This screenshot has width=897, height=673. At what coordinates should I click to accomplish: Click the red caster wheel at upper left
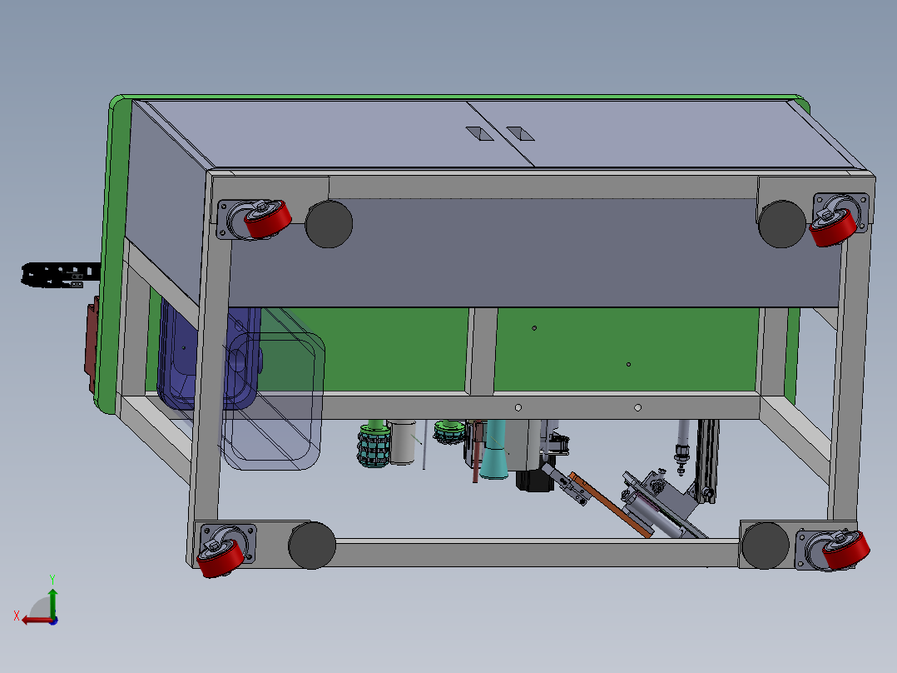268,219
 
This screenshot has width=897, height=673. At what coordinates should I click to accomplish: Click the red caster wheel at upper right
834,227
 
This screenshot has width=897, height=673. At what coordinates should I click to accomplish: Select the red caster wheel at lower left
221,558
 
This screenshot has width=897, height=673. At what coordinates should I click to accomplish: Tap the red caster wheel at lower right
846,551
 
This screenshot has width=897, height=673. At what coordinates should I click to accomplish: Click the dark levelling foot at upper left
329,224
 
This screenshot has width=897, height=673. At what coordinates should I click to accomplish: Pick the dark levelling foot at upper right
782,224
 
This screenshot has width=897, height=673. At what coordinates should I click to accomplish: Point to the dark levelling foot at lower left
312,546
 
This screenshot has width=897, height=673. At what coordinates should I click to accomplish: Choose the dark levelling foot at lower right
766,546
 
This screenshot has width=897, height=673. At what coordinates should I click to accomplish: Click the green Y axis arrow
52,602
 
